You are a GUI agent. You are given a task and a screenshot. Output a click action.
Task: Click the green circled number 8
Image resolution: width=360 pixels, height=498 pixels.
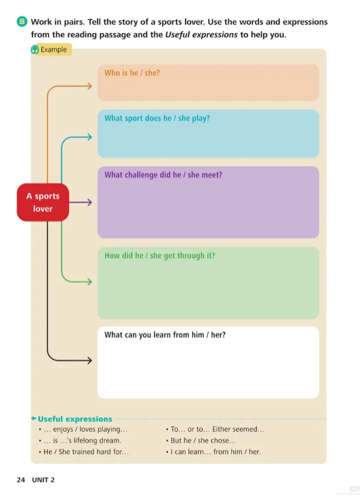[22, 22]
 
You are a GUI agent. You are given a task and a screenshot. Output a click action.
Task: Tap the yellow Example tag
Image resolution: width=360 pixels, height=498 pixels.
[51, 50]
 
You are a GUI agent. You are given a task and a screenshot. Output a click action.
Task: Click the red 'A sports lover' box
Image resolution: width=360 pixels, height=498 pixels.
[43, 203]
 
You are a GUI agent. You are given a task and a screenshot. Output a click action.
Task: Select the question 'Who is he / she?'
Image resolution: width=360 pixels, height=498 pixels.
[132, 73]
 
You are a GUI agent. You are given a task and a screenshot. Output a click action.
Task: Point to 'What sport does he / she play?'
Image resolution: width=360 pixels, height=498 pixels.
[157, 118]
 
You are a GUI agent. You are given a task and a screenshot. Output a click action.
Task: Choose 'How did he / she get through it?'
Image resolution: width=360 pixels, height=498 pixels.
[160, 256]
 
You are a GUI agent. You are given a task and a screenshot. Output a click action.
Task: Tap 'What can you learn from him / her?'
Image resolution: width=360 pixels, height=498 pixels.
[164, 335]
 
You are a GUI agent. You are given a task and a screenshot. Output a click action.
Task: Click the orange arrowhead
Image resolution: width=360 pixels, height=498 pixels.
[89, 86]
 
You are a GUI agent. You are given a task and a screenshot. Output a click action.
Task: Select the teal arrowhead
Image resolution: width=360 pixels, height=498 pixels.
[89, 138]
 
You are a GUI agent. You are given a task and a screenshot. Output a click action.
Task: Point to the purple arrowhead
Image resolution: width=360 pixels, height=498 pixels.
[89, 203]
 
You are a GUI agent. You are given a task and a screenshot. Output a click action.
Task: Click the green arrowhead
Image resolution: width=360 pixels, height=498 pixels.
[89, 282]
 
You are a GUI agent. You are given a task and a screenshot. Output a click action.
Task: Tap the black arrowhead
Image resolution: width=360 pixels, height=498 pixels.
[89, 360]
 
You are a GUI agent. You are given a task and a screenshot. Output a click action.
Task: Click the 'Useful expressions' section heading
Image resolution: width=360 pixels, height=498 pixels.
[74, 419]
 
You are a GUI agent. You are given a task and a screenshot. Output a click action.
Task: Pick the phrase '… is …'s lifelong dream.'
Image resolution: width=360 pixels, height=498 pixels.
[83, 441]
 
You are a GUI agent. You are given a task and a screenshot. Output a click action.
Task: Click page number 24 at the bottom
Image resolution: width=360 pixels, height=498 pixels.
[21, 480]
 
